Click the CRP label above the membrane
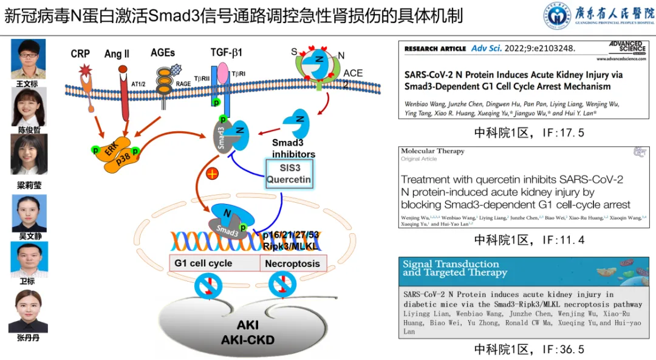coord(80,54)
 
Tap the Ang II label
coord(117,54)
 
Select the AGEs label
coord(163,53)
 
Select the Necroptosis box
coord(293,263)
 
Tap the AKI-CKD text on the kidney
coord(247,339)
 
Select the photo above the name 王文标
coord(29,59)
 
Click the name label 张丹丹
coord(29,338)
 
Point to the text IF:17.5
coord(529,132)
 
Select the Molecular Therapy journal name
coord(432,151)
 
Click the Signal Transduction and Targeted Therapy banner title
coord(451,268)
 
